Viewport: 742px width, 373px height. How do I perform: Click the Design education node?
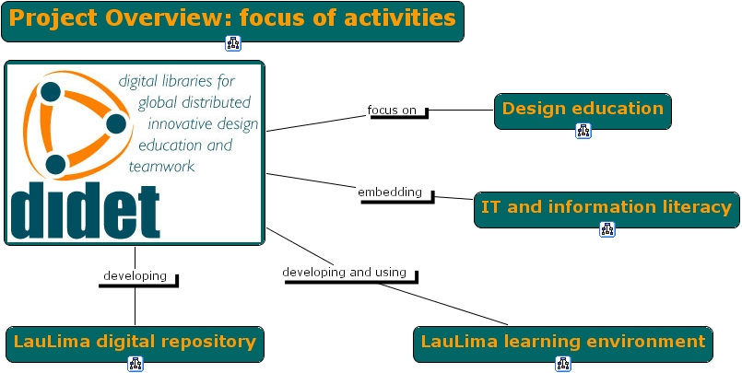[583, 110]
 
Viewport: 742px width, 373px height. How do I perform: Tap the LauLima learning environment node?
[562, 343]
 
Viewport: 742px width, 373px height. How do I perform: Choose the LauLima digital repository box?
[135, 343]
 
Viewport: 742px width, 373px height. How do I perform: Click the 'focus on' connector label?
[392, 111]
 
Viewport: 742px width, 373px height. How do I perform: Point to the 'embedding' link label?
[390, 192]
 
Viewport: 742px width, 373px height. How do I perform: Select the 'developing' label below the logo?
[135, 275]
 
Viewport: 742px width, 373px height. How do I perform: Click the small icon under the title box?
[232, 43]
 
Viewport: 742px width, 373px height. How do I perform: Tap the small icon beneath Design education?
[583, 131]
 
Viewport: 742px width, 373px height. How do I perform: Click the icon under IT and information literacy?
[607, 229]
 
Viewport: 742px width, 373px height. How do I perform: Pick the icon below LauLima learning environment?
[562, 364]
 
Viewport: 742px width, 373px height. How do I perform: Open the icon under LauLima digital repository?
[135, 364]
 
